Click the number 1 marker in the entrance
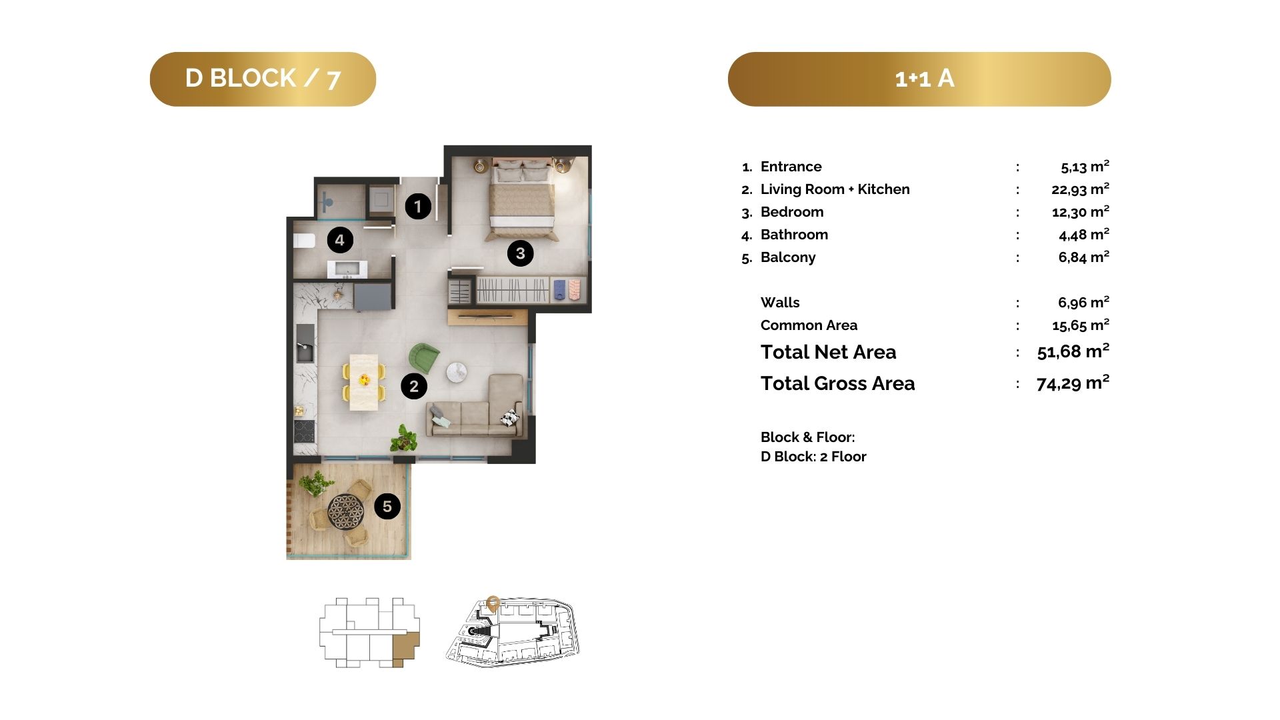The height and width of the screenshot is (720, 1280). pyautogui.click(x=418, y=206)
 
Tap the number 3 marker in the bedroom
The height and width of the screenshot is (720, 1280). pyautogui.click(x=520, y=253)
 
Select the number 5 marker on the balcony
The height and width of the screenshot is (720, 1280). pyautogui.click(x=387, y=507)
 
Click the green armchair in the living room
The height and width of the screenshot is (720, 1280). pyautogui.click(x=423, y=358)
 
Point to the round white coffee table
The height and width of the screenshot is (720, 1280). pyautogui.click(x=457, y=373)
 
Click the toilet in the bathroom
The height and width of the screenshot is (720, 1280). pyautogui.click(x=304, y=241)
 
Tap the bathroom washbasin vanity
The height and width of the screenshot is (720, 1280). pyautogui.click(x=347, y=269)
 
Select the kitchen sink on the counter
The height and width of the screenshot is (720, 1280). pyautogui.click(x=305, y=351)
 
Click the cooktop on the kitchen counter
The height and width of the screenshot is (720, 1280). pyautogui.click(x=304, y=431)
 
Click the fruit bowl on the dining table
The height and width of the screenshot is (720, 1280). pyautogui.click(x=364, y=380)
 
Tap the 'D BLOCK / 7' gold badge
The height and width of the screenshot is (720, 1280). pyautogui.click(x=263, y=79)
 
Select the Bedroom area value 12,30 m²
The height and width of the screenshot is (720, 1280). pyautogui.click(x=1081, y=212)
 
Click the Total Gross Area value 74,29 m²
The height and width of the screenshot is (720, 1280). pyautogui.click(x=1073, y=383)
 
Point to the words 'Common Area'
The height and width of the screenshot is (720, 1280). pyautogui.click(x=809, y=325)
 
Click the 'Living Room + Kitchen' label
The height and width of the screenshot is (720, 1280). pyautogui.click(x=835, y=189)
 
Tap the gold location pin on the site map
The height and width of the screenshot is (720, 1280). pyautogui.click(x=493, y=603)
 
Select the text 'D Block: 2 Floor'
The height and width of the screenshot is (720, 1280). pyautogui.click(x=813, y=457)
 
